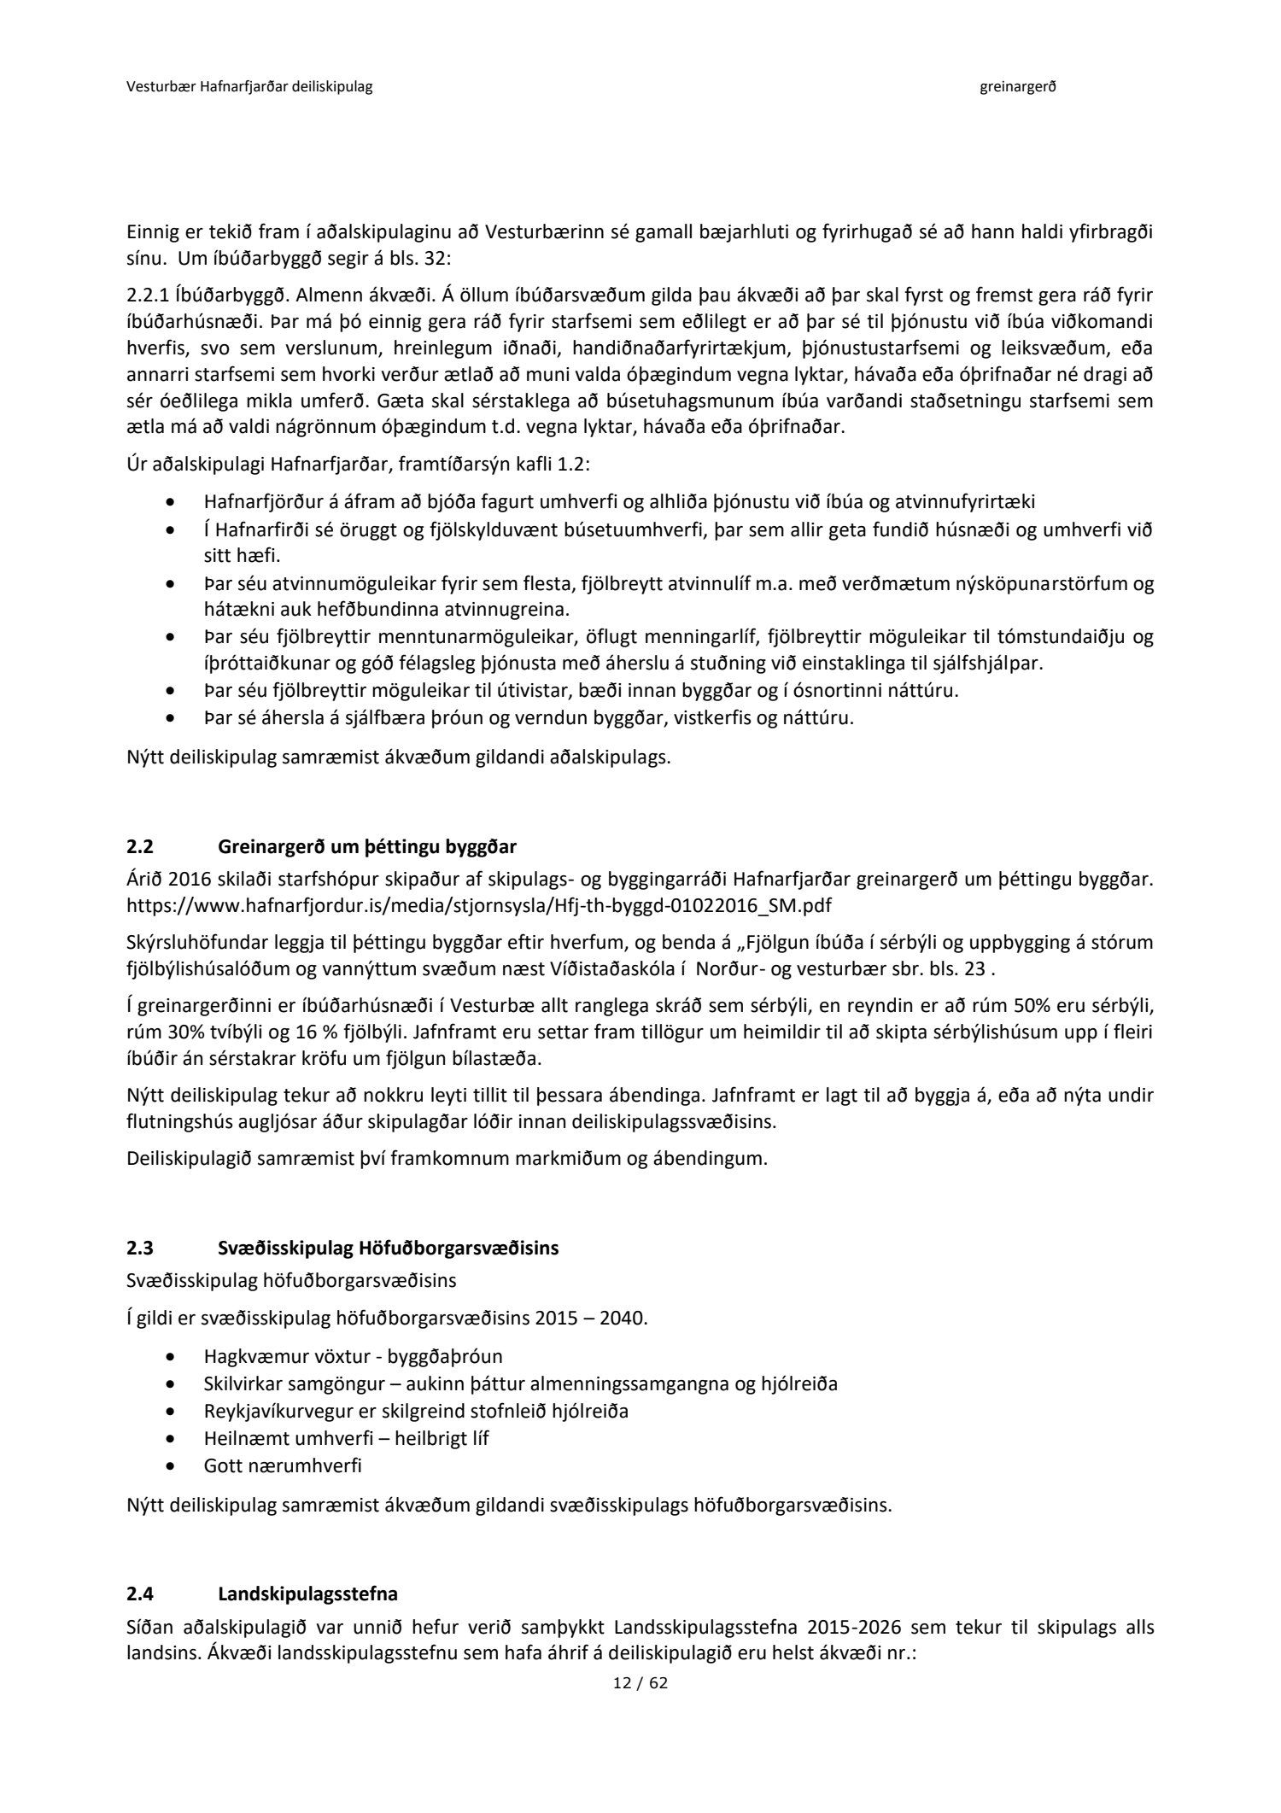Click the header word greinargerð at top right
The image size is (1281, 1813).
[x=1018, y=87]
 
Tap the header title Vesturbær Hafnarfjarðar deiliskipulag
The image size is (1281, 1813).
[x=249, y=87]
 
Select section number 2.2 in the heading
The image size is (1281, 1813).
[x=139, y=847]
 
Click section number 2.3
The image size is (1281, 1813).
[x=139, y=1248]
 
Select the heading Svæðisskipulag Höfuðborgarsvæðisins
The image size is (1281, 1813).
[x=388, y=1248]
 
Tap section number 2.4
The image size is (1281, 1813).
[x=139, y=1594]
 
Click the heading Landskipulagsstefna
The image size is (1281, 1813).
[x=307, y=1594]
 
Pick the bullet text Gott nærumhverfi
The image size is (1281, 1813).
[x=283, y=1465]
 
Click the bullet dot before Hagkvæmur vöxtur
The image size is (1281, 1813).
[x=174, y=1356]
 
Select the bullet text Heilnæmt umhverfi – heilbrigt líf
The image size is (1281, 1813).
[x=346, y=1438]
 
